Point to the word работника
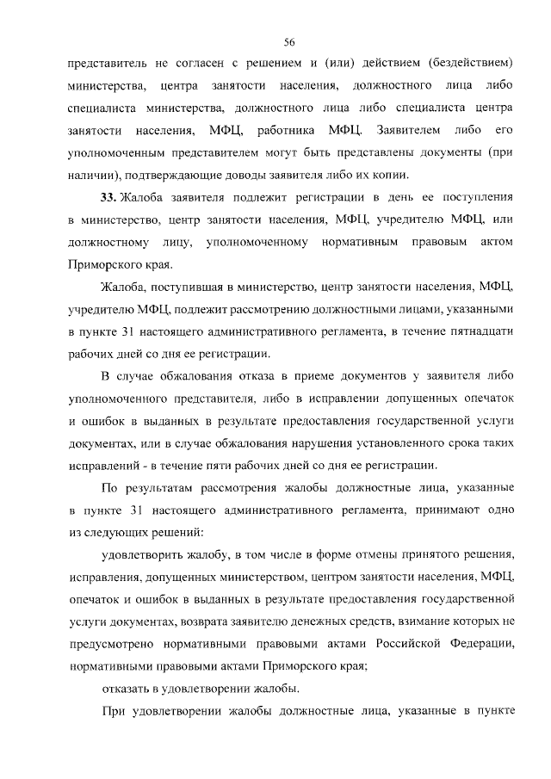[x=285, y=131]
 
